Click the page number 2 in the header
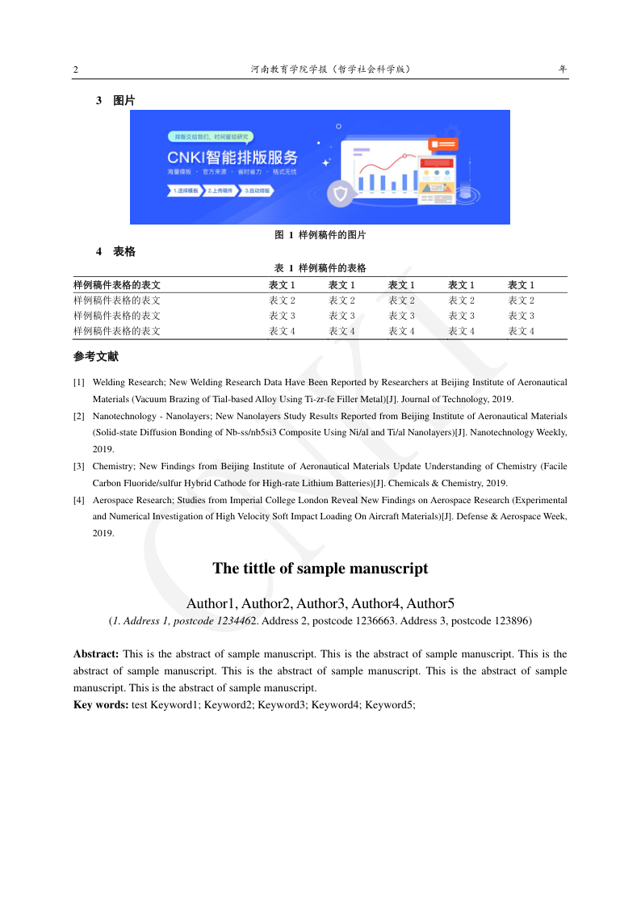[x=76, y=70]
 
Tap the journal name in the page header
[x=331, y=69]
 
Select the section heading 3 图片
[x=115, y=101]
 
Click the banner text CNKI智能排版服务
[x=233, y=157]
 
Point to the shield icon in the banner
[x=340, y=194]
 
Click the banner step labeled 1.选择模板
[x=185, y=191]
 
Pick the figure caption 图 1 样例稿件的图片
[x=320, y=235]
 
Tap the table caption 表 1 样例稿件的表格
[x=320, y=268]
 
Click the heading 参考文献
[x=96, y=356]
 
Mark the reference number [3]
[x=79, y=466]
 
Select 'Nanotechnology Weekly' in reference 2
[x=518, y=432]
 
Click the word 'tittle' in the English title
[x=259, y=569]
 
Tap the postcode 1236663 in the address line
[x=350, y=621]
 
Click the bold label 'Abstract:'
[x=96, y=654]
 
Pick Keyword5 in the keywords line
[x=388, y=705]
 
